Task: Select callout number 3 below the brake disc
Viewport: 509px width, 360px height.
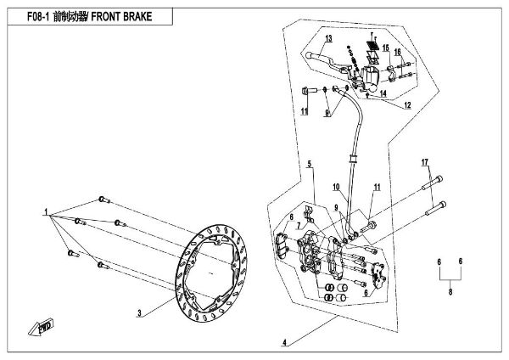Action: (x=138, y=313)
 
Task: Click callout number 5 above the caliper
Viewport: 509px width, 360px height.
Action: (x=310, y=163)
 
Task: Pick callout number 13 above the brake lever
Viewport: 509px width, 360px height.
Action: (x=328, y=40)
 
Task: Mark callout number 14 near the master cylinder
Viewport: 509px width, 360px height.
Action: (x=383, y=93)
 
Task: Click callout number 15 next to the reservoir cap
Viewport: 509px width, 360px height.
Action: (x=385, y=48)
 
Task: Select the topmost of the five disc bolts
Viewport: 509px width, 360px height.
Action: (x=104, y=200)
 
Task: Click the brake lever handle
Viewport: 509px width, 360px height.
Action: (x=327, y=57)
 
